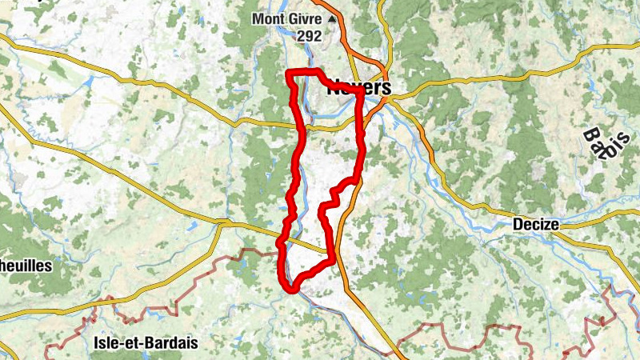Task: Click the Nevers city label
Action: [358, 88]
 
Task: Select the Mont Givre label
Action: [287, 19]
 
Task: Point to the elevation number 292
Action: [308, 36]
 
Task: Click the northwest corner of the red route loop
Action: [290, 75]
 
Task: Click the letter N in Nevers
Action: [334, 88]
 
